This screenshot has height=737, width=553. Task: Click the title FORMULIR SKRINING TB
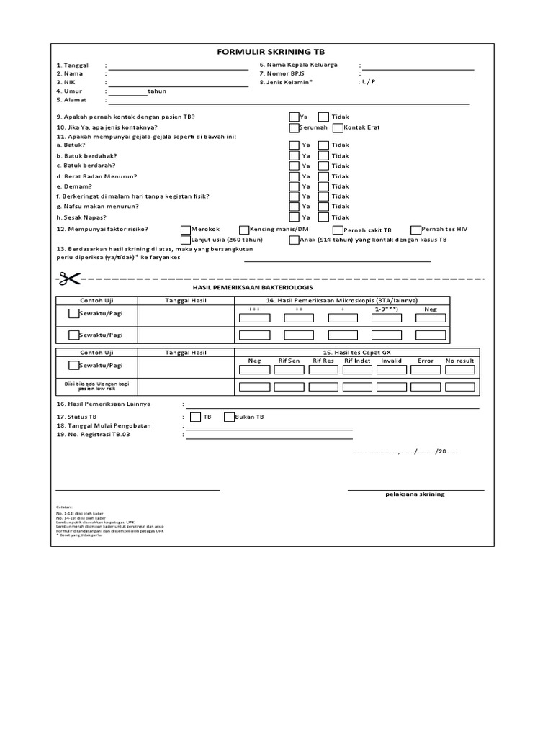pyautogui.click(x=276, y=53)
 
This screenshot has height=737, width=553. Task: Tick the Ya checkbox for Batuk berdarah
pyautogui.click(x=294, y=166)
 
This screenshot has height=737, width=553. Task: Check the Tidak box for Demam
pyautogui.click(x=323, y=186)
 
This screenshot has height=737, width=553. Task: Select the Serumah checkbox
pyautogui.click(x=294, y=127)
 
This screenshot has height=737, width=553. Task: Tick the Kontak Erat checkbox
pyautogui.click(x=338, y=127)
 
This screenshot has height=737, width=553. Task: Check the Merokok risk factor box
pyautogui.click(x=186, y=229)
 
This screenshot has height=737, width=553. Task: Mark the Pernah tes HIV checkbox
pyautogui.click(x=415, y=229)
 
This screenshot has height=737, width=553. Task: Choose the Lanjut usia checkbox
pyautogui.click(x=186, y=240)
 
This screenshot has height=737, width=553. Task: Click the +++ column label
pyautogui.click(x=253, y=309)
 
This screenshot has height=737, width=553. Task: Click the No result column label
pyautogui.click(x=459, y=361)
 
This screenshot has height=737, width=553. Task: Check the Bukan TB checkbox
pyautogui.click(x=230, y=417)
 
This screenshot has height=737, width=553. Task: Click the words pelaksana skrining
pyautogui.click(x=415, y=494)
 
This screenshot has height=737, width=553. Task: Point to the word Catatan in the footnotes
pyautogui.click(x=65, y=507)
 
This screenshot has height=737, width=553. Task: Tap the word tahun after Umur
pyautogui.click(x=156, y=91)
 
